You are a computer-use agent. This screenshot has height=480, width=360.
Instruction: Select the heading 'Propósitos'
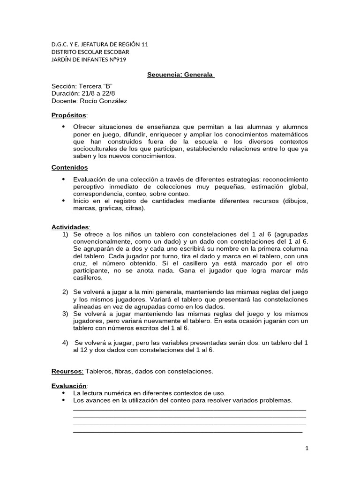pos(69,115)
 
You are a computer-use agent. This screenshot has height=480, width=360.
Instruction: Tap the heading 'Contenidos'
pos(69,167)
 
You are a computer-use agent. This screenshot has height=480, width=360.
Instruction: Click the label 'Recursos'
pos(67,371)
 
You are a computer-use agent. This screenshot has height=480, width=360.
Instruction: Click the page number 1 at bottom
pos(307,448)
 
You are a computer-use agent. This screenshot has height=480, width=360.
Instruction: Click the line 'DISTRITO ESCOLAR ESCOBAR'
pos(90,52)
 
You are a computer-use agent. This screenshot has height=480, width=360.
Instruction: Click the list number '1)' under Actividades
pos(65,234)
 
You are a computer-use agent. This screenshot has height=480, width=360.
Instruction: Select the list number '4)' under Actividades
pos(65,343)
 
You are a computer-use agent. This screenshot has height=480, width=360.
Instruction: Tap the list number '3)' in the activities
pos(65,314)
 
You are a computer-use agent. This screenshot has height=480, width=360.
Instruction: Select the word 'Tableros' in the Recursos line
pos(99,371)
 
